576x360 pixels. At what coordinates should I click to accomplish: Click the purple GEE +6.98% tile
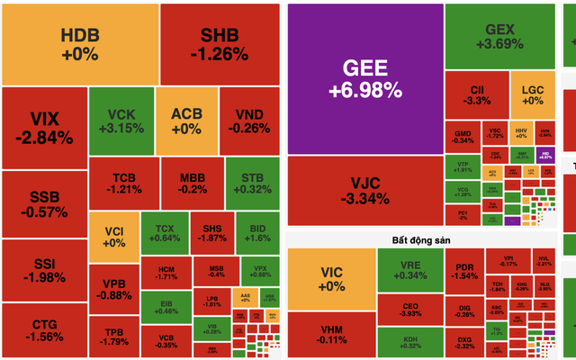click(364, 77)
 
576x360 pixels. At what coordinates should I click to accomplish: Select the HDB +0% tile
click(80, 42)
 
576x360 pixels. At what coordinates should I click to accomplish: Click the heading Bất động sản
click(419, 240)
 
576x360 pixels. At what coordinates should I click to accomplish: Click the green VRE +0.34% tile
click(410, 268)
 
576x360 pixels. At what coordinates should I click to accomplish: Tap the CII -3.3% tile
click(476, 95)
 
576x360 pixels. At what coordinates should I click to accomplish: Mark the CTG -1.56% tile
click(44, 330)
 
